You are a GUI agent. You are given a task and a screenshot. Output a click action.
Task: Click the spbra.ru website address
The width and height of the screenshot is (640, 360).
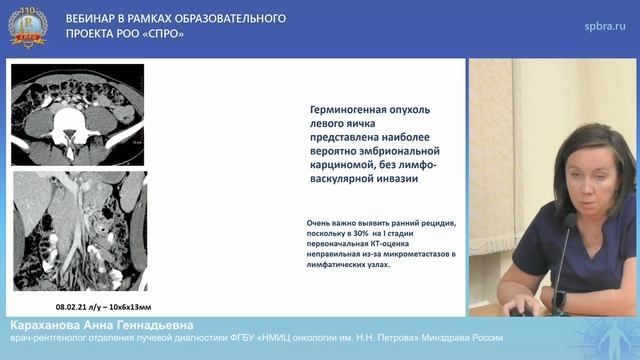click(x=604, y=27)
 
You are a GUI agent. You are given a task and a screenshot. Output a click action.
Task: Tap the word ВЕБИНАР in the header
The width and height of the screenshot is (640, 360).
click(x=92, y=19)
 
